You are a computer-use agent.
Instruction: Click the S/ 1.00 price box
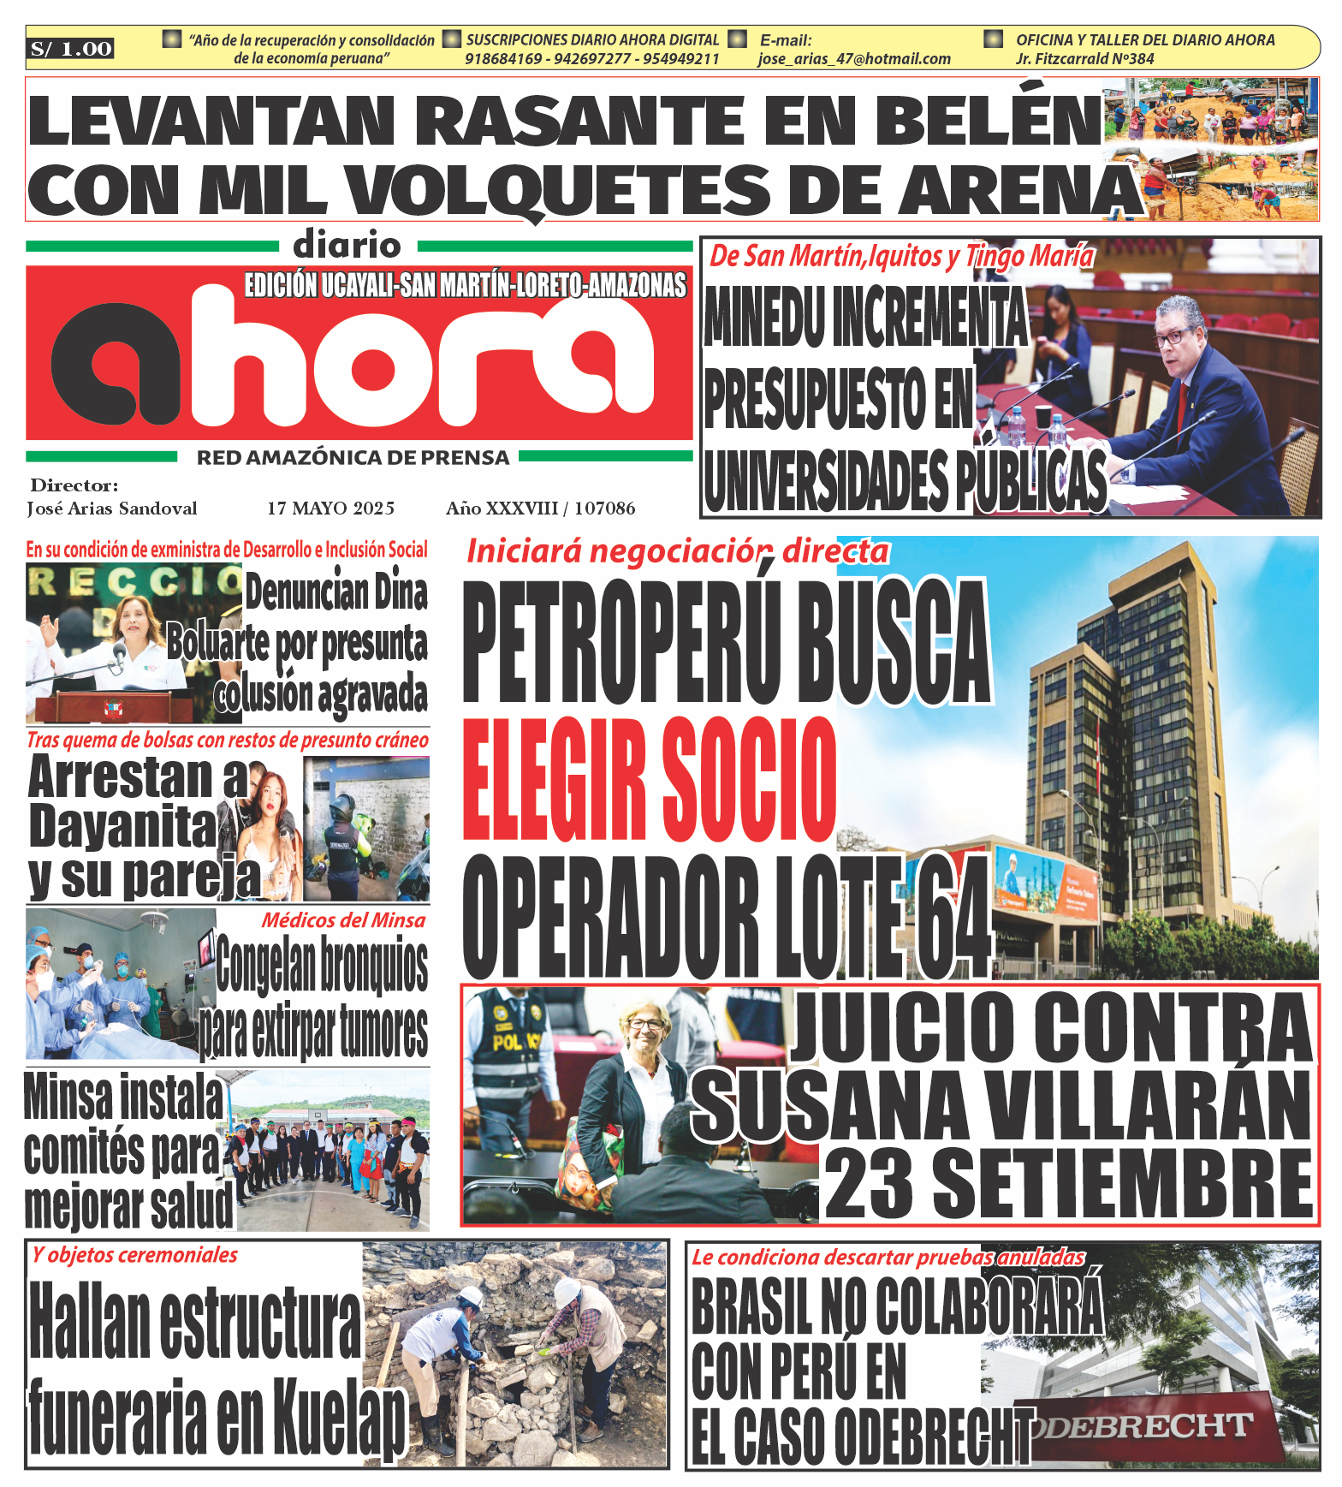(x=70, y=49)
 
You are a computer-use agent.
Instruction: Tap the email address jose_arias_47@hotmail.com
(x=854, y=59)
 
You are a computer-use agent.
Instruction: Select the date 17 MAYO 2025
(x=330, y=509)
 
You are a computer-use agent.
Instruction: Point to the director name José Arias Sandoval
(x=112, y=509)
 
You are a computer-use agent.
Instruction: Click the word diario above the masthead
(x=347, y=246)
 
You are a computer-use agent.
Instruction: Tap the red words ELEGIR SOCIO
(x=649, y=780)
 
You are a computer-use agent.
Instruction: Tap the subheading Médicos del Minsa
(x=343, y=921)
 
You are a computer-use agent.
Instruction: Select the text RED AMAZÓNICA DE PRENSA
(x=353, y=458)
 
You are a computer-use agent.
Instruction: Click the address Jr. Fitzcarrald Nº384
(x=1084, y=59)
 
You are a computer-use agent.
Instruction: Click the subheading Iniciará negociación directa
(x=677, y=552)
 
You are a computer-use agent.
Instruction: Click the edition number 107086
(x=604, y=509)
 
